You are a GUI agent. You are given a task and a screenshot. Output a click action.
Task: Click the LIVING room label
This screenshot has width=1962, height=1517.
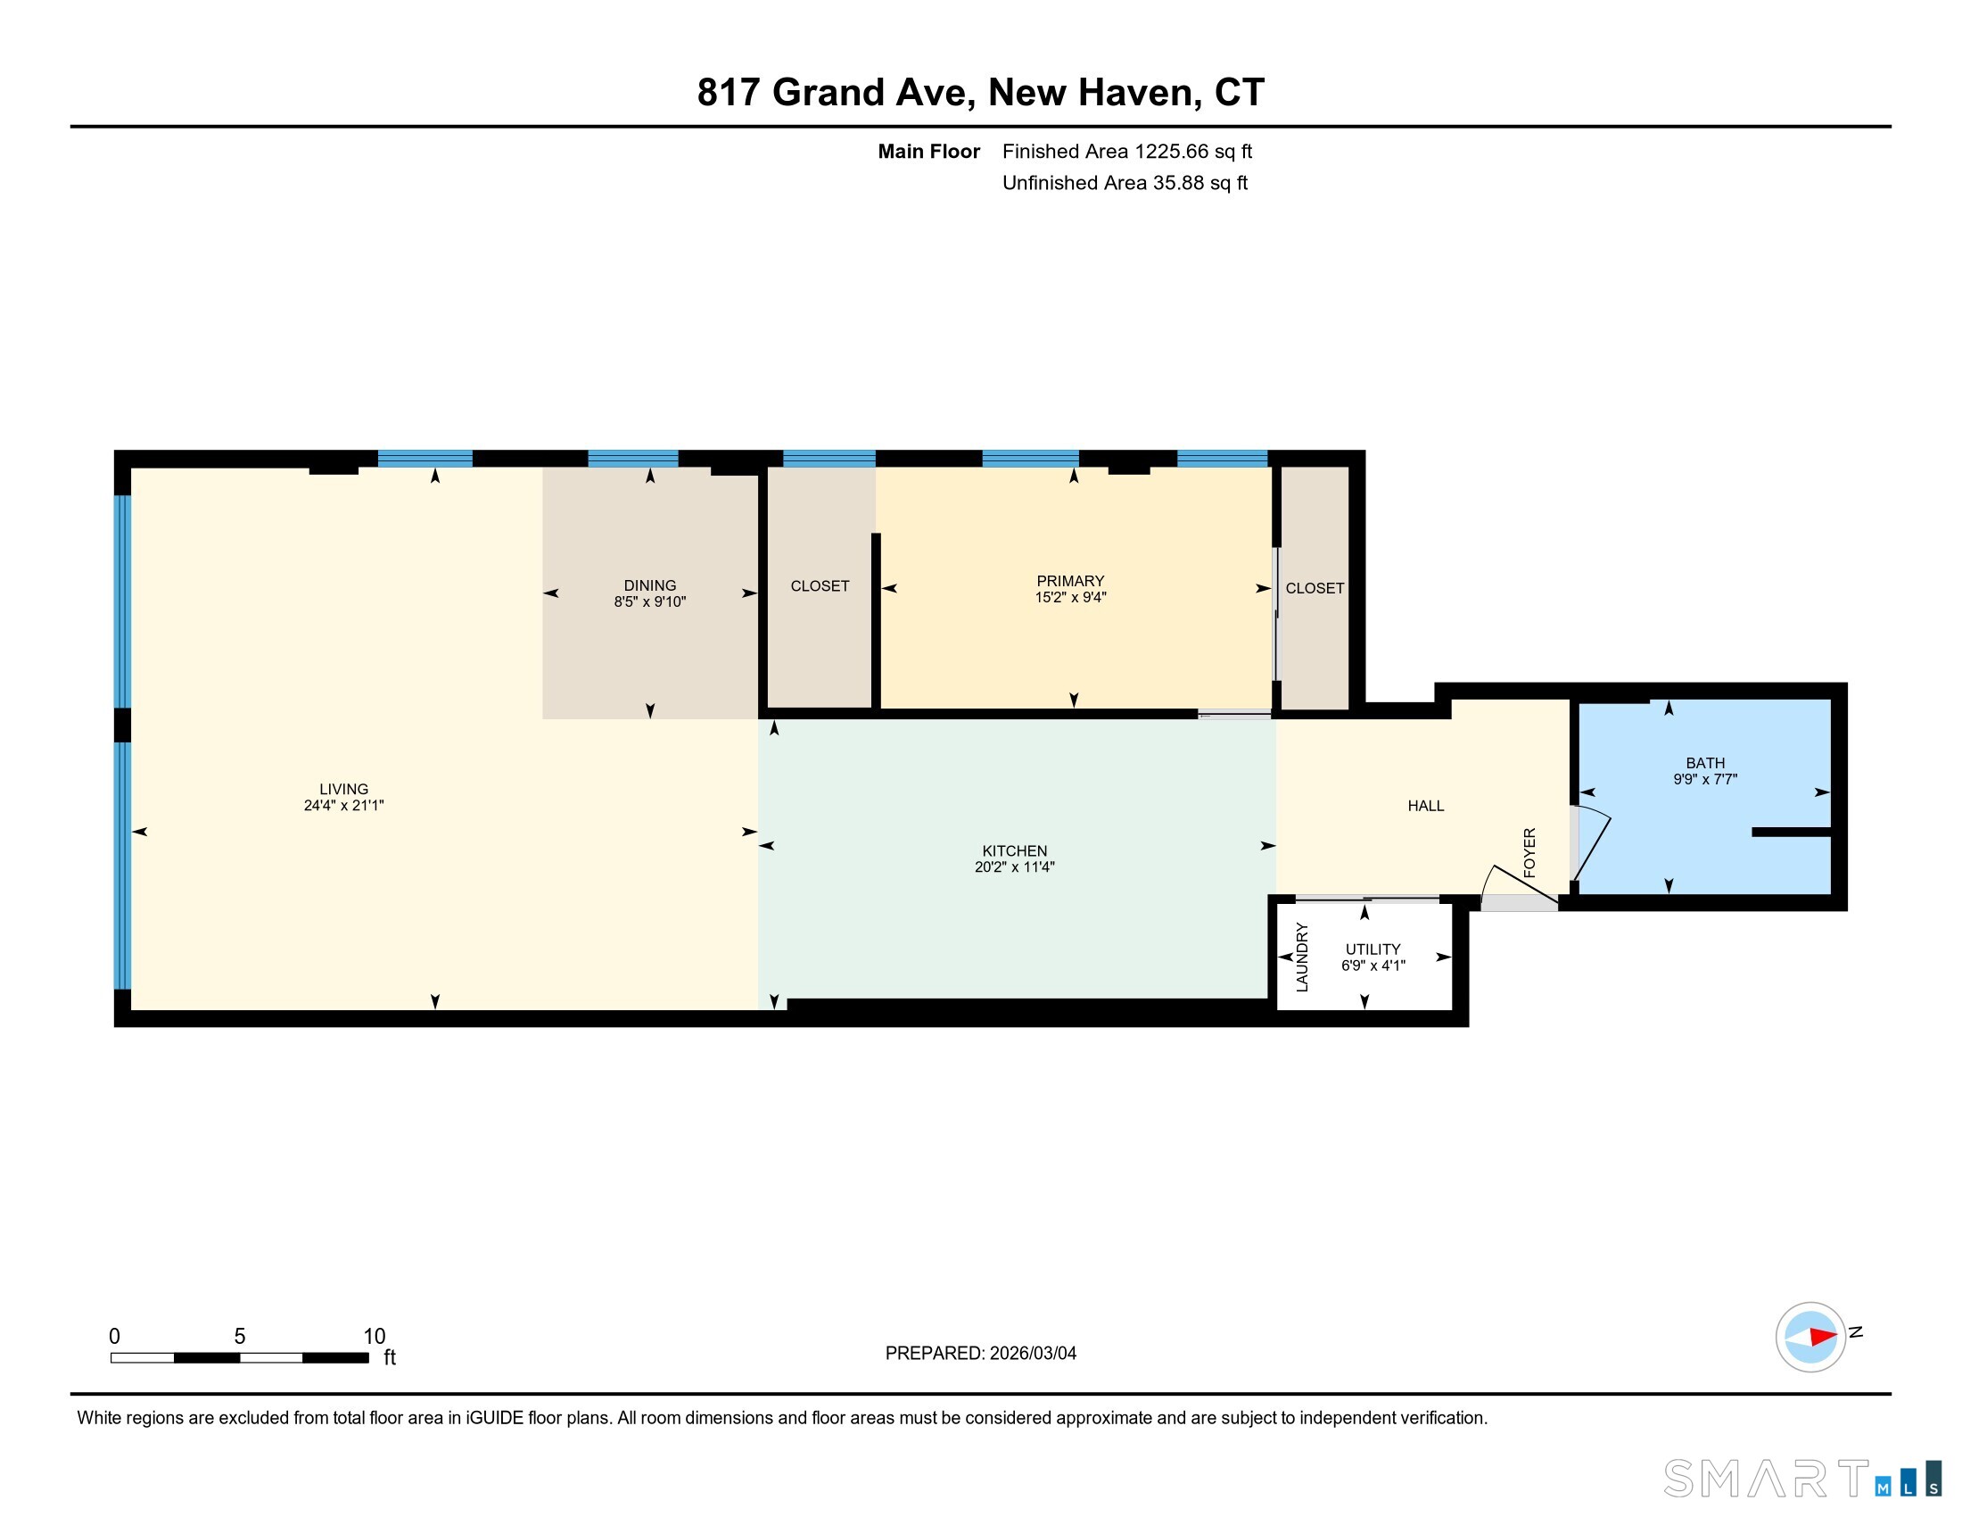(343, 789)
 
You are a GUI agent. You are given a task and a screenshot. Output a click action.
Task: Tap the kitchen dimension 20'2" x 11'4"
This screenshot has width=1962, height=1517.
(1014, 867)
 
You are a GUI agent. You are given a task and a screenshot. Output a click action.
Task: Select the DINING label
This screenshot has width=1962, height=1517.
(649, 585)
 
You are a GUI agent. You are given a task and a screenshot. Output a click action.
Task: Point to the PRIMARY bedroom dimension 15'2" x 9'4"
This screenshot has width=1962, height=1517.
(1070, 597)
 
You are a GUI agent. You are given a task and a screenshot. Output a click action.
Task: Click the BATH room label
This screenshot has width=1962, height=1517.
(1705, 763)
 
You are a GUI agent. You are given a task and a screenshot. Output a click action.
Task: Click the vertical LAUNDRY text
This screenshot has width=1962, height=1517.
(1302, 957)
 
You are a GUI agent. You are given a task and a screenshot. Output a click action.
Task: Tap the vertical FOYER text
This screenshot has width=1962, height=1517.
(1529, 852)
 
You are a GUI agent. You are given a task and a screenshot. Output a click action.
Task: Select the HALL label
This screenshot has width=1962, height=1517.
(1426, 806)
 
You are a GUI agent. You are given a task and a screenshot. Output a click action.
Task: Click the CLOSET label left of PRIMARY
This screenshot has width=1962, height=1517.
(820, 586)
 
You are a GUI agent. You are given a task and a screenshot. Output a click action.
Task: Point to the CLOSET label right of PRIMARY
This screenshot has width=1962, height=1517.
(1315, 588)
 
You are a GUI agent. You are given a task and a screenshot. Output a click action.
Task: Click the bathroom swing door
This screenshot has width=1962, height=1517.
(1592, 846)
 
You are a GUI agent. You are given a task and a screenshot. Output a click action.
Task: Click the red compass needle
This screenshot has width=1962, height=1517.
(1823, 1337)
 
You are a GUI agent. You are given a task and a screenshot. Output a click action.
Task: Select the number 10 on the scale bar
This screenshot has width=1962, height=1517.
(374, 1337)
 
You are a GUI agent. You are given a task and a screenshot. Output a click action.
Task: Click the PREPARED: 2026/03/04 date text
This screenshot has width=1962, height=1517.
(980, 1354)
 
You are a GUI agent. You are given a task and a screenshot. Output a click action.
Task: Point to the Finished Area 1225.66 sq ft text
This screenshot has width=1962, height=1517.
(1126, 151)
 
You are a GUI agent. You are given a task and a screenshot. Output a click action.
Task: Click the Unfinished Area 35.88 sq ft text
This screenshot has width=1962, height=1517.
(1125, 183)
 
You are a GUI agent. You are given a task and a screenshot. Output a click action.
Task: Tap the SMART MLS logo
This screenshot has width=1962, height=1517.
(1801, 1479)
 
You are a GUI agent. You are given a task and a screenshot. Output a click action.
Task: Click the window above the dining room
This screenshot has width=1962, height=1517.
(632, 459)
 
